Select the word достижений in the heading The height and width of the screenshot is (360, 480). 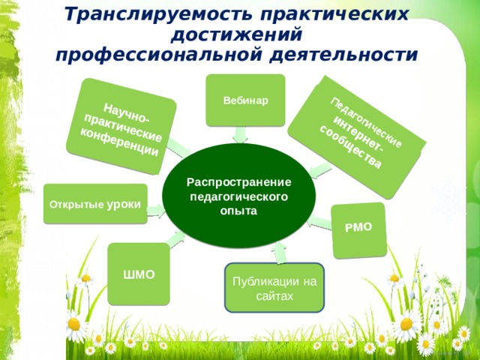pos(237,35)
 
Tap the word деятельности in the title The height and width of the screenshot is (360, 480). pos(344,55)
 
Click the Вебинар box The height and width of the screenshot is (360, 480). pos(245,100)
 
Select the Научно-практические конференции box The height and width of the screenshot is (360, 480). pos(121,127)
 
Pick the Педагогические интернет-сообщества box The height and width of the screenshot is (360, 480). pos(357,137)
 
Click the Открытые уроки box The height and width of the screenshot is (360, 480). pos(95,204)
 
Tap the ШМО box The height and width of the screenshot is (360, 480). pos(139,274)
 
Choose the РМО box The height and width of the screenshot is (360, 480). pos(358,230)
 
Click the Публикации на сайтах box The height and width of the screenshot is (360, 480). pos(274,288)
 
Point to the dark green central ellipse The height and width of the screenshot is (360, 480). pos(238,196)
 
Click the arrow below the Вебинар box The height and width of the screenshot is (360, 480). pos(240,135)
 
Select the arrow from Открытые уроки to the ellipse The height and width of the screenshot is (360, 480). pos(156,211)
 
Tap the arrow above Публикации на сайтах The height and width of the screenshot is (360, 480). pos(279,253)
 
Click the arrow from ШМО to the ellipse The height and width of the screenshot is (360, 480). pos(176,239)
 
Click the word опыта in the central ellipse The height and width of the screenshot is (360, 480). pos(238,211)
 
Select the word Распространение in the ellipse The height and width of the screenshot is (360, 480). pos(238,182)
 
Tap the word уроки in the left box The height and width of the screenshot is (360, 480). pos(124,205)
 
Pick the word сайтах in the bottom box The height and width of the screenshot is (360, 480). pos(274,296)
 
